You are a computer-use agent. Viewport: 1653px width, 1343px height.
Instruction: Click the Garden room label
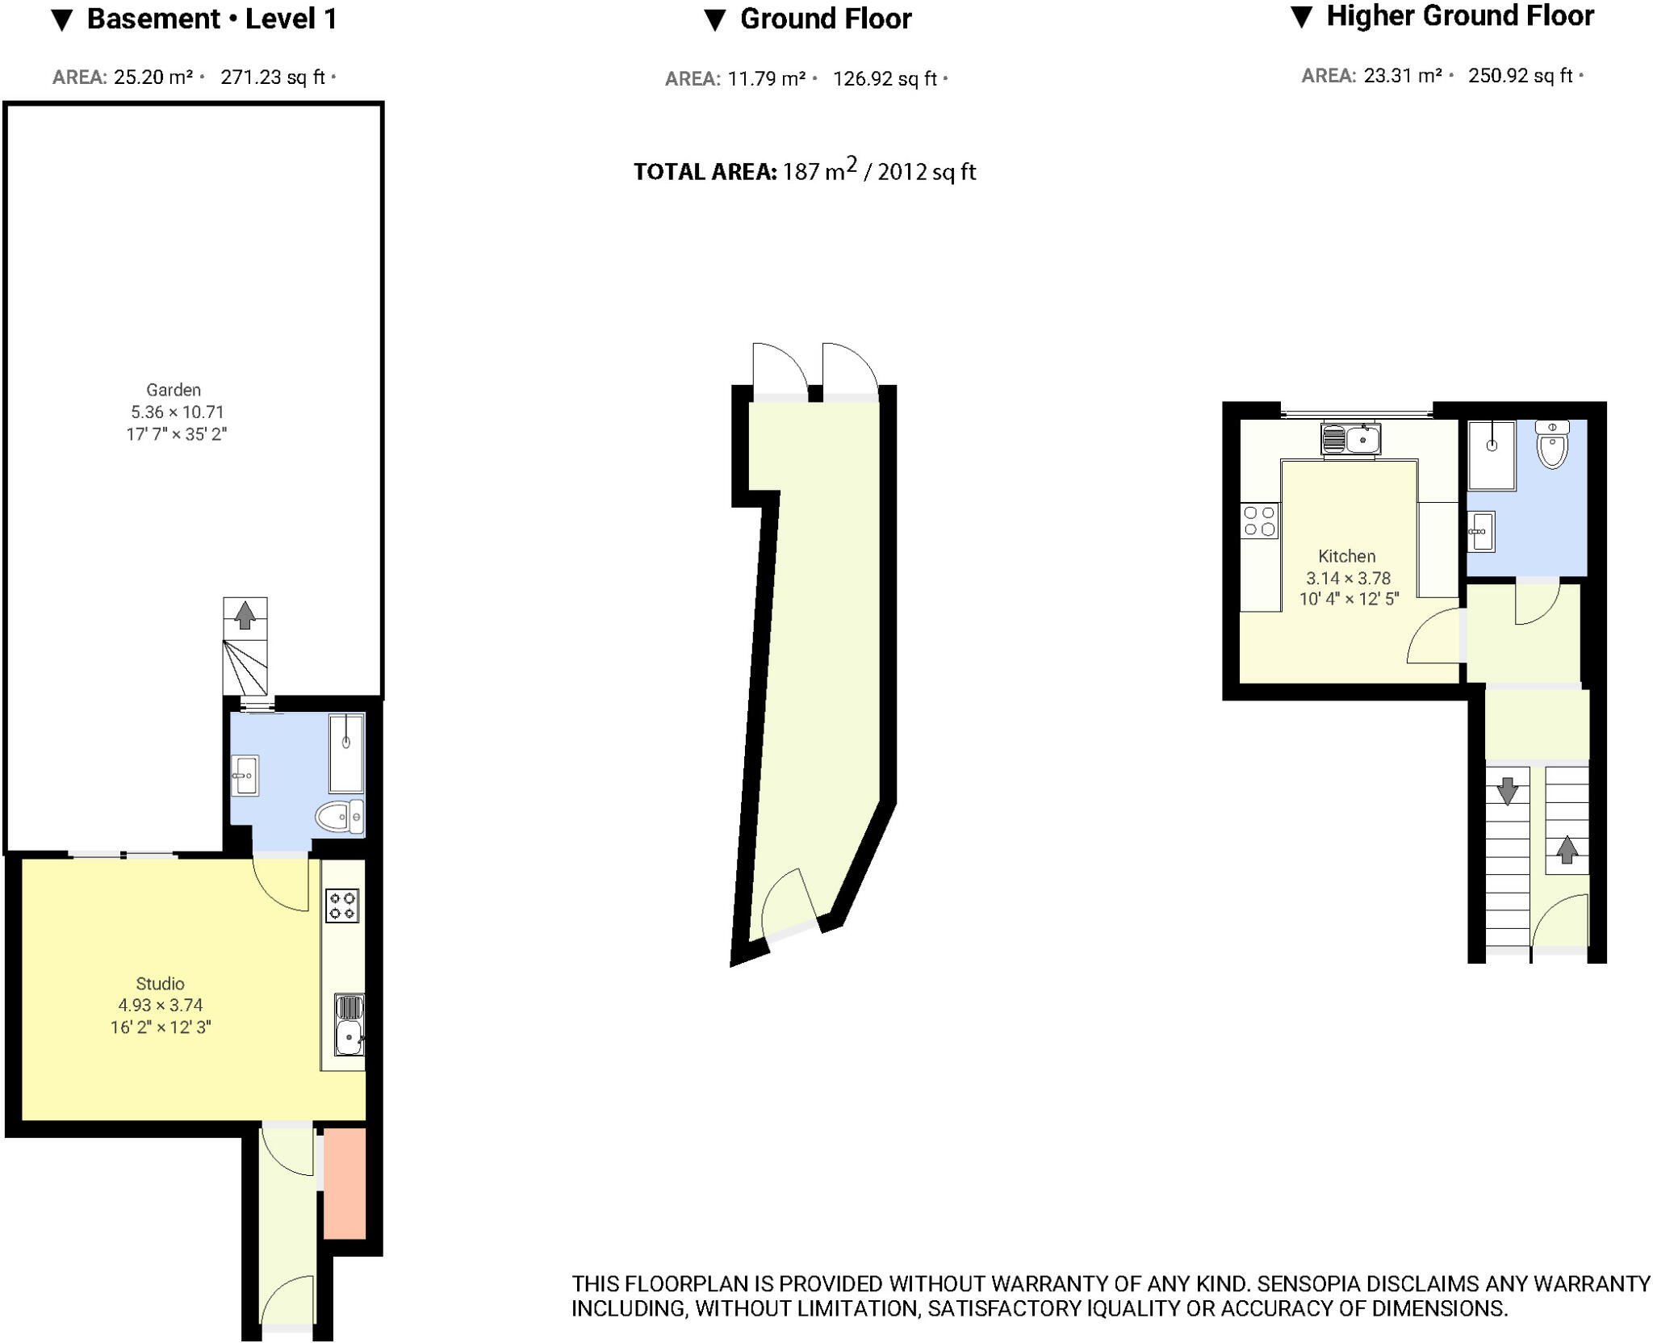[174, 391]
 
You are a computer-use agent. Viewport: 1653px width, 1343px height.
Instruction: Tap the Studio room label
[160, 984]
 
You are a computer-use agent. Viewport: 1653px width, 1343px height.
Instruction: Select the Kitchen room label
[1346, 556]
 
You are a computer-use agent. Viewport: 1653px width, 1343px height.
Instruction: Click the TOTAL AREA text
[705, 172]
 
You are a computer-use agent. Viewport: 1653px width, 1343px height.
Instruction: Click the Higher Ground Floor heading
[1458, 16]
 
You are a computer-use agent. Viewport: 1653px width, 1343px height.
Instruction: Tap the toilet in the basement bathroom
[339, 817]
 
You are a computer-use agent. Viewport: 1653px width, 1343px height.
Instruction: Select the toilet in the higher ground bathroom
[1552, 445]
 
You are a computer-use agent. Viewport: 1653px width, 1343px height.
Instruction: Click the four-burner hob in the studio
[342, 905]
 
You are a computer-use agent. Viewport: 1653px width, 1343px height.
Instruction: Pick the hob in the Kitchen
[1259, 521]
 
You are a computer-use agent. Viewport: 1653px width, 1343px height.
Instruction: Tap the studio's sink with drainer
[349, 1025]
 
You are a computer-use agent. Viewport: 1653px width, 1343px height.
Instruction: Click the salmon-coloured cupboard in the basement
[345, 1183]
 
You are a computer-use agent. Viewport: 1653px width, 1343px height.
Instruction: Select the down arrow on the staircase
[1507, 790]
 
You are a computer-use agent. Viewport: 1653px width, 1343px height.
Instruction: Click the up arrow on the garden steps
[245, 615]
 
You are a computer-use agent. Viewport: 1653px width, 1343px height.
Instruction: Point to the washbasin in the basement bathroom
[245, 776]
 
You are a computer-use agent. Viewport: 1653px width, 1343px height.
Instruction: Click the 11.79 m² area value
[766, 79]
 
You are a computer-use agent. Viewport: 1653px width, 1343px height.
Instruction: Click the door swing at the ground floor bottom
[787, 902]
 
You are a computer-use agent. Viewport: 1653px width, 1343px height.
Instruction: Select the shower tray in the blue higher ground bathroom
[1492, 455]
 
